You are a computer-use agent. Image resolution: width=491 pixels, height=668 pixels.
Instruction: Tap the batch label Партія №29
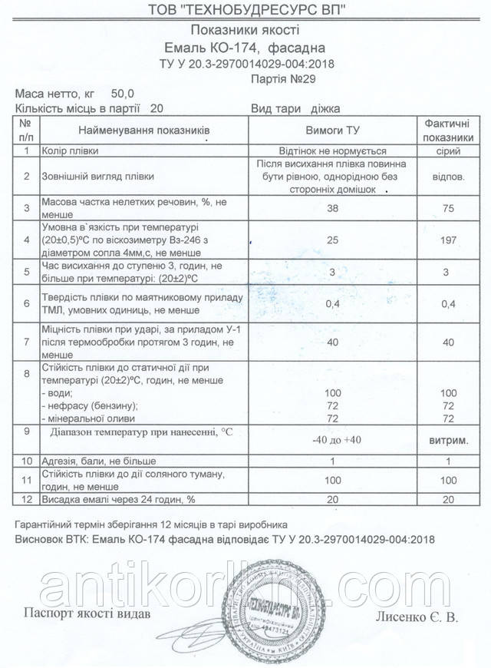284,78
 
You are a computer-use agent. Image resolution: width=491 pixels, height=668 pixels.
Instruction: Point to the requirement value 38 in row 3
333,207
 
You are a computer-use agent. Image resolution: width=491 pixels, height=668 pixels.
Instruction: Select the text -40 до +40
333,440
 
